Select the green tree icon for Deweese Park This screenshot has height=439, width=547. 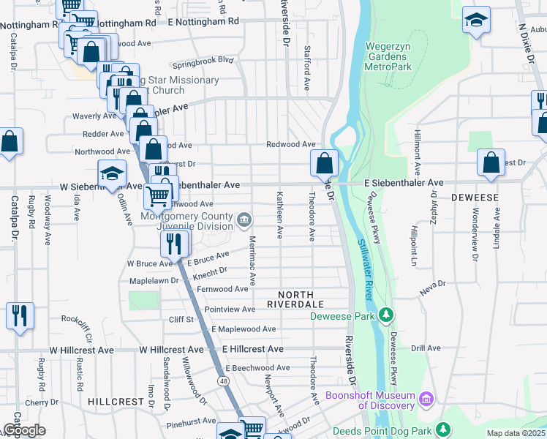[x=386, y=315]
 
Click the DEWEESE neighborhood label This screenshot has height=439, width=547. [x=475, y=198]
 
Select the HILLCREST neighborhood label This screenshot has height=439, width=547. [x=115, y=402]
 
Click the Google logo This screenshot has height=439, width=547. [x=24, y=431]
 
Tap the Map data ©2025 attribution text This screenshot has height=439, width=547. [x=516, y=433]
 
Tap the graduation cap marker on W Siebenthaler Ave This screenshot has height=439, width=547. [x=112, y=174]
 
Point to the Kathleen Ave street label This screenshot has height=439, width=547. [x=279, y=215]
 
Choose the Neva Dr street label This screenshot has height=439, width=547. [x=432, y=283]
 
